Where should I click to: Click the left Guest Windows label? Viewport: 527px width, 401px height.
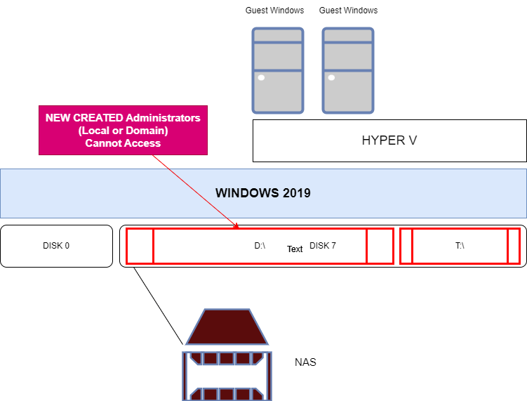click(x=274, y=11)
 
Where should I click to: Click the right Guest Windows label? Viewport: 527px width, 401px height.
click(x=348, y=11)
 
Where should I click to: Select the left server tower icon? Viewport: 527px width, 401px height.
click(x=278, y=70)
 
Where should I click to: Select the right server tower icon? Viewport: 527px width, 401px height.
click(x=348, y=70)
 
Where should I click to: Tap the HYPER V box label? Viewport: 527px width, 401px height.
click(x=389, y=140)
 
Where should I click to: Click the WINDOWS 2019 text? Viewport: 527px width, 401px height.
click(x=262, y=192)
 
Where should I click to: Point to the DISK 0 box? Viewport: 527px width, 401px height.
click(x=56, y=246)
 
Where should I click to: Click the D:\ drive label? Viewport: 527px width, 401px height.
click(x=260, y=246)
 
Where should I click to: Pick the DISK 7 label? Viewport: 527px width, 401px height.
click(x=323, y=246)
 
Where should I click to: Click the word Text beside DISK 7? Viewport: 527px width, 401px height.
click(x=295, y=249)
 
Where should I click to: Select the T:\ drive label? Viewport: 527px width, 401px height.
click(x=460, y=246)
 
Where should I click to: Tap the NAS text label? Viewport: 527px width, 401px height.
click(x=305, y=362)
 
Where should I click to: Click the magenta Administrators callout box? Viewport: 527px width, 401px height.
click(x=123, y=131)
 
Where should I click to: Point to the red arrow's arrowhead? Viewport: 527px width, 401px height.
click(x=237, y=226)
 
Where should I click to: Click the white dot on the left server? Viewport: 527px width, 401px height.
click(x=261, y=77)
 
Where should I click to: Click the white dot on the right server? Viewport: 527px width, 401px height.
click(x=331, y=77)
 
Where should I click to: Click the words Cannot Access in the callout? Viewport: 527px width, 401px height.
click(x=123, y=143)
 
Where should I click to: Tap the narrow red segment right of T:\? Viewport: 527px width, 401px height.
click(x=513, y=246)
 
